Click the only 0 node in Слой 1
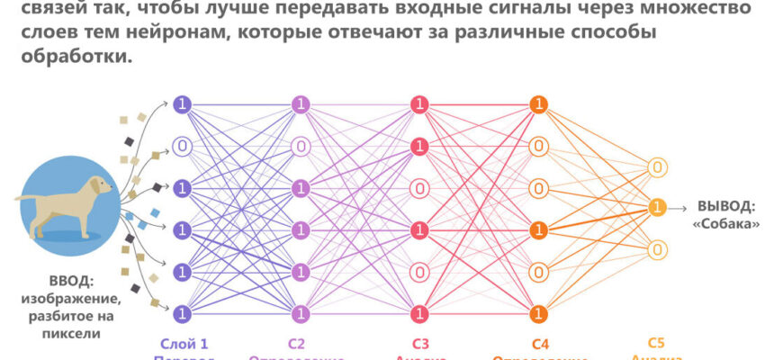pyautogui.click(x=183, y=146)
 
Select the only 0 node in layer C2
pyautogui.click(x=300, y=146)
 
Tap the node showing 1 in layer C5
pyautogui.click(x=658, y=208)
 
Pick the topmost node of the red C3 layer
pyautogui.click(x=418, y=104)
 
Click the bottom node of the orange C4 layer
pyautogui.click(x=538, y=313)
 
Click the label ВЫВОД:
pyautogui.click(x=725, y=206)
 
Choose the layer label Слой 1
pyautogui.click(x=184, y=342)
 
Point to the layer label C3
pyautogui.click(x=419, y=342)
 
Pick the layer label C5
pyautogui.click(x=658, y=342)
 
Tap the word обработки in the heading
pyautogui.click(x=84, y=55)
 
